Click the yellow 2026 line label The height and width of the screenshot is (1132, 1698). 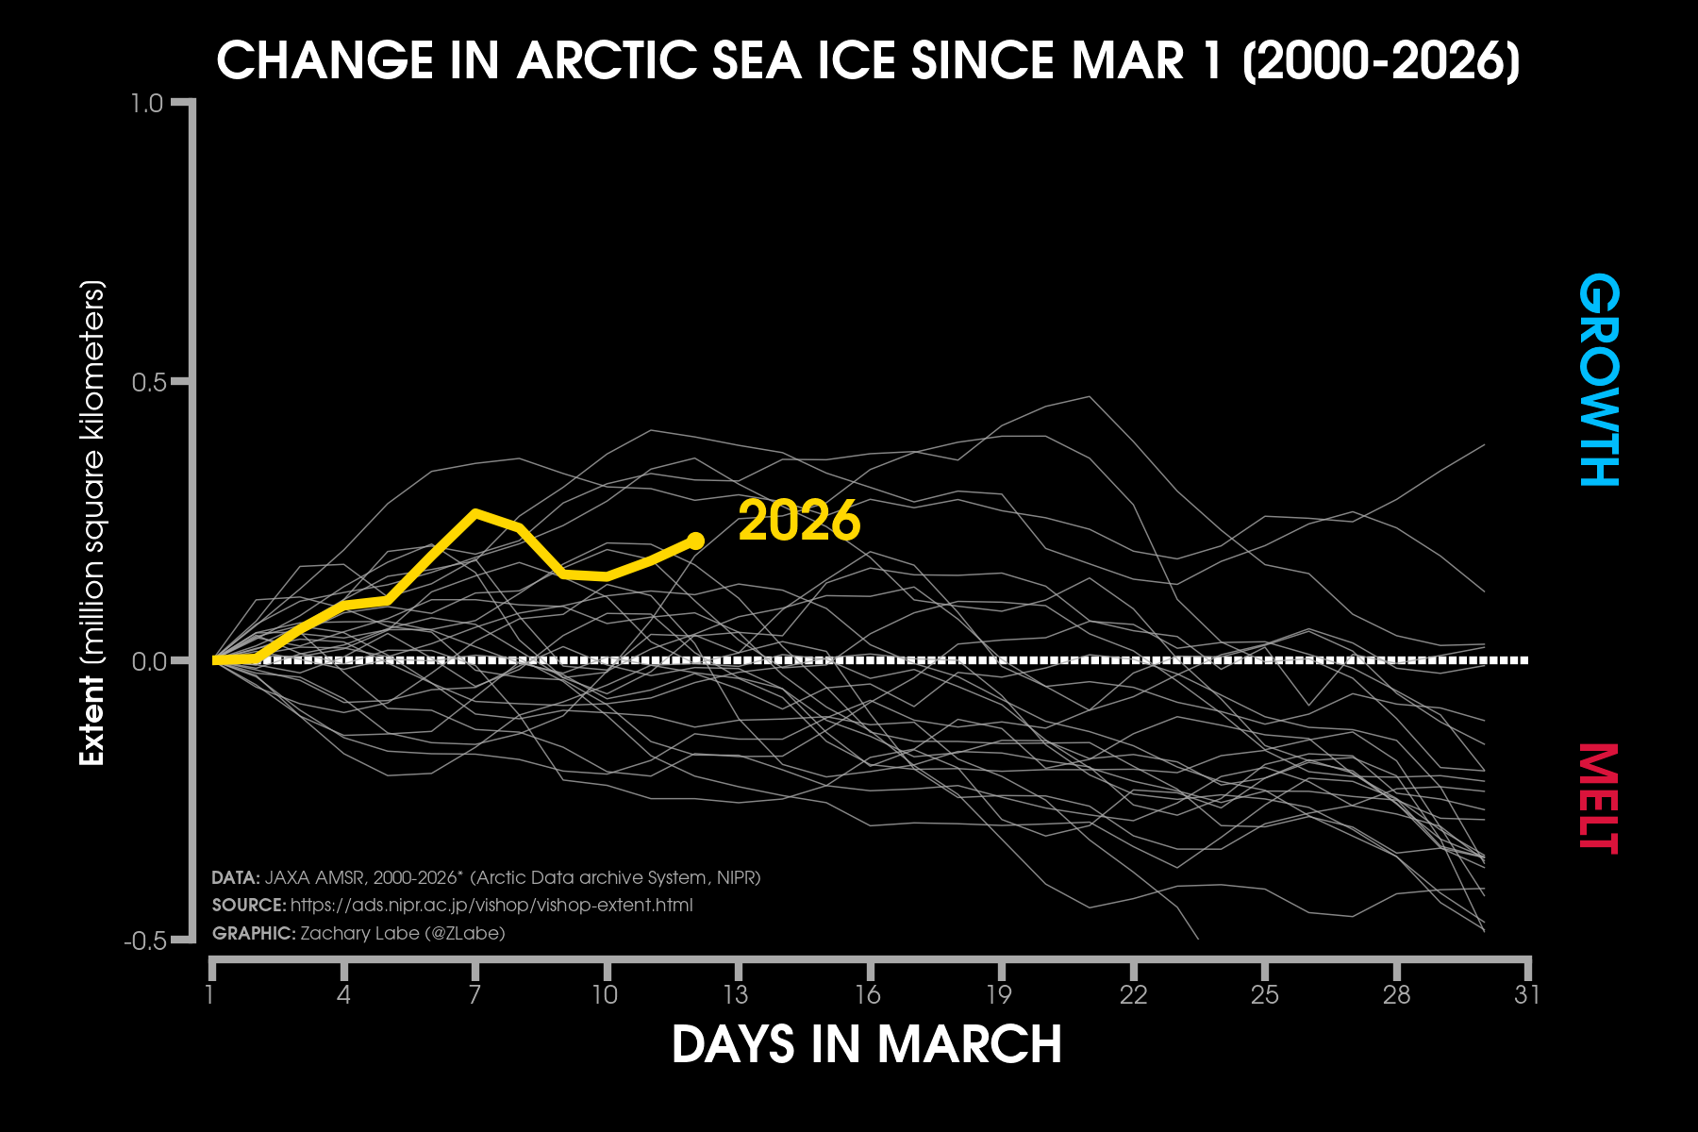coord(799,521)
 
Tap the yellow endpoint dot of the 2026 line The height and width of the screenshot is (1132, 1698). coord(695,541)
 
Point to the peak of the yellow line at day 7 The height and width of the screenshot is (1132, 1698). coord(475,513)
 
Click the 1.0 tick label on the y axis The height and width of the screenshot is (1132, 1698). coord(148,103)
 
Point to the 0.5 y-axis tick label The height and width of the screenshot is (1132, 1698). coord(148,382)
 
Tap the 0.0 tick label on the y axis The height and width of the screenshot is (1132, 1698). coord(148,661)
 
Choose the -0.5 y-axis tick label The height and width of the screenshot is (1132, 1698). coord(144,941)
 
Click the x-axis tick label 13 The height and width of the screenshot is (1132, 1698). coord(736,994)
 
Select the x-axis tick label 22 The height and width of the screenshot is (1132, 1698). coord(1133,994)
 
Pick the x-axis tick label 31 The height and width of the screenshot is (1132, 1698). coord(1527,994)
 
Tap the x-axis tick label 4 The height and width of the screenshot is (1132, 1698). coord(343,994)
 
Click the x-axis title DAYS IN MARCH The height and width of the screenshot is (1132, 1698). coord(867,1044)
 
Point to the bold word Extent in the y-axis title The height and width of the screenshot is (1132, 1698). coord(92,721)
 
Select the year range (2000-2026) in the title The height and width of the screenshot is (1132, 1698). coord(1381,61)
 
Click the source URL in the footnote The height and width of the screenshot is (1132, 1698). coord(491,906)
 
